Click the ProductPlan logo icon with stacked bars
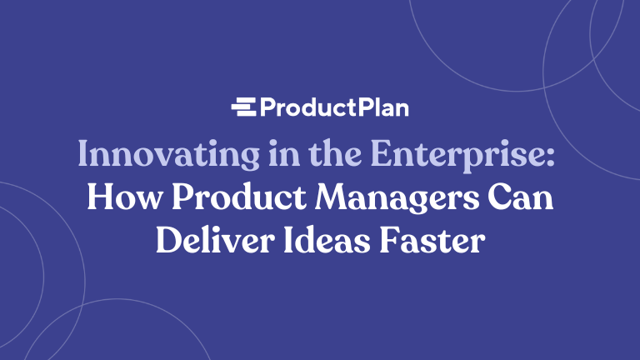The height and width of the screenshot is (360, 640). click(x=243, y=107)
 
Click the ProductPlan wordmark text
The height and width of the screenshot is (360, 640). click(x=333, y=108)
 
